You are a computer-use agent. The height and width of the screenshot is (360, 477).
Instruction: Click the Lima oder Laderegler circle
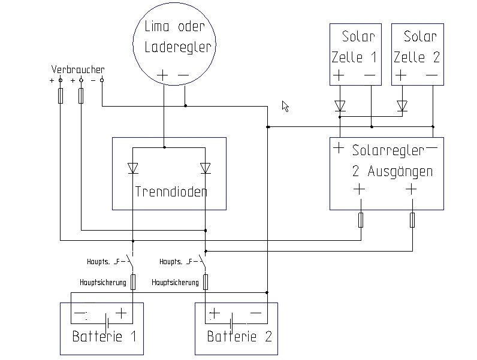[173, 46]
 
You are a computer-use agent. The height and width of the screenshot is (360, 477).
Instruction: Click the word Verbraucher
[78, 70]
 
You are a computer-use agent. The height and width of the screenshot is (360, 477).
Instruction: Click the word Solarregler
[388, 150]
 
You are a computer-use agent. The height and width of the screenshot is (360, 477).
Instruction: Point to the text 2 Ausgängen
[393, 171]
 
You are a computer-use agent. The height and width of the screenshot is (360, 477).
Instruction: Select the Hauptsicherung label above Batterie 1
[102, 282]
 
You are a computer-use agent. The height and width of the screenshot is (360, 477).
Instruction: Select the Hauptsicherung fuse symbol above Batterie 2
[206, 282]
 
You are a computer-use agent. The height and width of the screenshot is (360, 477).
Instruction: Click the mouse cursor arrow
[285, 106]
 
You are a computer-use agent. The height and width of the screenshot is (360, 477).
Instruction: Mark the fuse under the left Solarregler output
[361, 220]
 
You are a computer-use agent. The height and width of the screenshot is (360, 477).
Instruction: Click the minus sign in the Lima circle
[184, 75]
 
